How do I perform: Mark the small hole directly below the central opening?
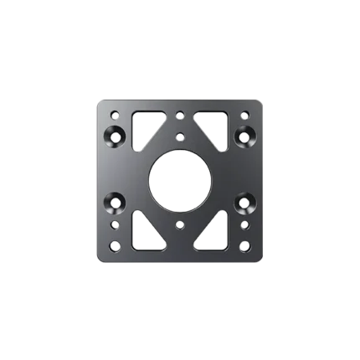(180, 225)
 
